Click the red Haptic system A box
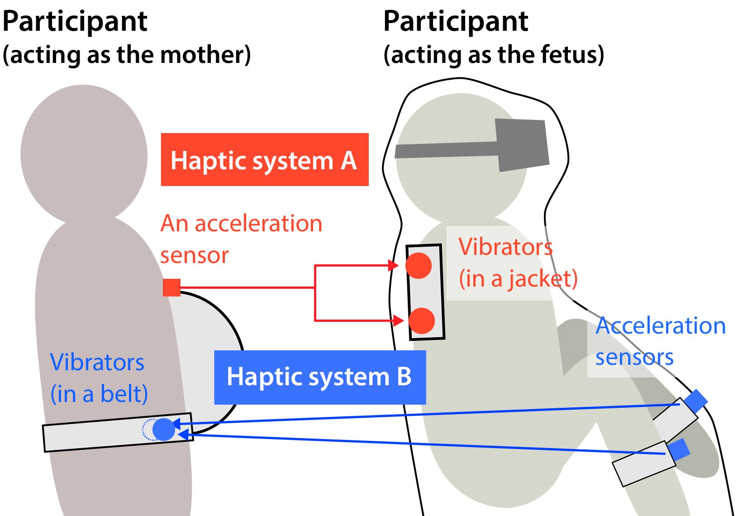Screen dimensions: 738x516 click(265, 159)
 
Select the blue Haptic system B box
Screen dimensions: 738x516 click(320, 377)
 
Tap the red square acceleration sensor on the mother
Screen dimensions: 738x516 click(171, 288)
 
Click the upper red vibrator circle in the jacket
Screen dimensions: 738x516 click(419, 266)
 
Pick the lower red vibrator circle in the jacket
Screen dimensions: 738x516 click(422, 321)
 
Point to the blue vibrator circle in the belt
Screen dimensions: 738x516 click(164, 430)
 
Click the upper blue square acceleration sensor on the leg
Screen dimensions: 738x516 click(695, 401)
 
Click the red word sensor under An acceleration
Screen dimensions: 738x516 click(195, 256)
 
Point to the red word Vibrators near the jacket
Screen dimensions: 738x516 click(505, 247)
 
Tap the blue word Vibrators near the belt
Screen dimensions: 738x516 click(97, 363)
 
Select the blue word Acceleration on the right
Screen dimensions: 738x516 click(661, 326)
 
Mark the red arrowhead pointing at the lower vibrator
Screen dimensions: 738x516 click(398, 320)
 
